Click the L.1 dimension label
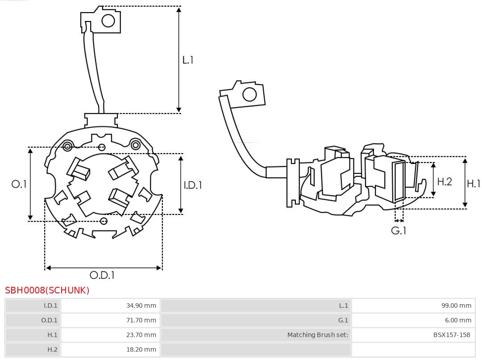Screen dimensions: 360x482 coord(188,60)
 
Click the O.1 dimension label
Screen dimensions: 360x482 coord(19,184)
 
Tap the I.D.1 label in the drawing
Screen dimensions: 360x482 coord(193,184)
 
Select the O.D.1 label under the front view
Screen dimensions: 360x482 coord(102,276)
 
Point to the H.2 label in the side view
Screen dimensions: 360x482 coord(445,181)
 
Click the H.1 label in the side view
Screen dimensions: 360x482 coord(473,183)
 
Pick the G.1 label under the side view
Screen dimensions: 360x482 coord(399,230)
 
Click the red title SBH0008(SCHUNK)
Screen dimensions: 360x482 coord(47,290)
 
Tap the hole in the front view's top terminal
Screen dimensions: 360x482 coord(108,20)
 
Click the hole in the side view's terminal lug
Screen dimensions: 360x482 coord(249,95)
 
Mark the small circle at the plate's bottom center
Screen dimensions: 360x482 coord(104,221)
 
